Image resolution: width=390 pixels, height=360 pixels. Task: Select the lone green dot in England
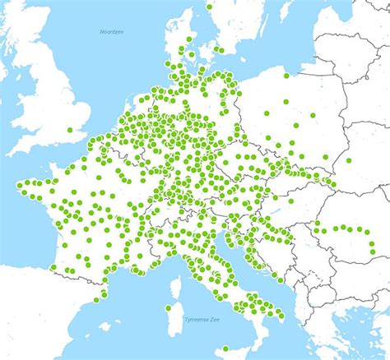(x=70, y=130)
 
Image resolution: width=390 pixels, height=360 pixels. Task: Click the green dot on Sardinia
(x=168, y=308)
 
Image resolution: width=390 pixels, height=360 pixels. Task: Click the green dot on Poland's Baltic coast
(x=286, y=76)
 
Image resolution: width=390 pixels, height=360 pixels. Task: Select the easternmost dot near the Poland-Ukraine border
(x=349, y=160)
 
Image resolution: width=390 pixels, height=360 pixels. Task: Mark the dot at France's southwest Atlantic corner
(x=53, y=266)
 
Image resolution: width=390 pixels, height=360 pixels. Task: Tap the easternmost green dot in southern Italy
(x=281, y=315)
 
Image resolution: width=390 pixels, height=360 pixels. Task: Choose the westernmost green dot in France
(x=20, y=184)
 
